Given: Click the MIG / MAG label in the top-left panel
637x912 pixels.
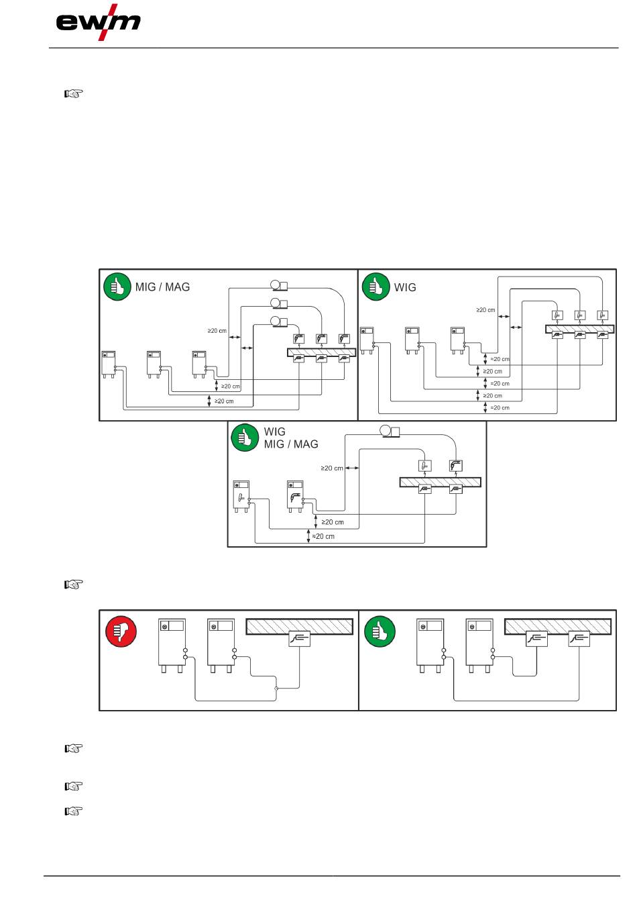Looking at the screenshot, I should tap(162, 287).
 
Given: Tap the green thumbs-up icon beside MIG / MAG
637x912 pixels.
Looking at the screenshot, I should tap(117, 287).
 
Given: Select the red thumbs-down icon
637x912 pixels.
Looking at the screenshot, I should tap(121, 631).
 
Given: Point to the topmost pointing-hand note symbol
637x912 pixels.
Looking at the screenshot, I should tap(73, 94).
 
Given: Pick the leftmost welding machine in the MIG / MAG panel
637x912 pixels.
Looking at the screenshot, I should tap(109, 363).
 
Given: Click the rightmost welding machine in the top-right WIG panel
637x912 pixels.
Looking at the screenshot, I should tap(458, 340).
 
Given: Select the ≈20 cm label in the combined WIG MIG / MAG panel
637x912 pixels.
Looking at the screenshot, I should tap(324, 537).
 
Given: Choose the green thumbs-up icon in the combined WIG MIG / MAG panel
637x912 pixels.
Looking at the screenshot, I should tap(245, 438).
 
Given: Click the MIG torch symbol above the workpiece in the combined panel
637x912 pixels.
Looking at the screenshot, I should tap(456, 465).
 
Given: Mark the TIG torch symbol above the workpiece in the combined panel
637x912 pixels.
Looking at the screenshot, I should tap(424, 465).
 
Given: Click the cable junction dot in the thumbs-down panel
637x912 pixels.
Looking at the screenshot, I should tap(276, 689).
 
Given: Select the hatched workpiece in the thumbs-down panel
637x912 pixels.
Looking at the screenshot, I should tap(300, 626).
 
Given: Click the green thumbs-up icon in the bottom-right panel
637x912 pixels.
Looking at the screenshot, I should tap(380, 632).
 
